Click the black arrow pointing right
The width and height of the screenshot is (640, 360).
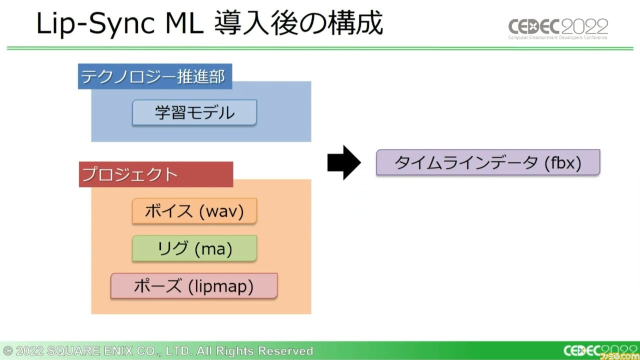pyautogui.click(x=343, y=162)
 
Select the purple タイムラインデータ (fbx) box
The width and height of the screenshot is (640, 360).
pyautogui.click(x=487, y=162)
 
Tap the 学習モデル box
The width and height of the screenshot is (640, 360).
pyautogui.click(x=194, y=112)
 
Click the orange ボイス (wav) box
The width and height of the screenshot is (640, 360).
pyautogui.click(x=194, y=211)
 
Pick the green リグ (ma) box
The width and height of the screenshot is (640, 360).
pyautogui.click(x=194, y=248)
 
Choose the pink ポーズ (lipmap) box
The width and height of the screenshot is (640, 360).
pyautogui.click(x=193, y=286)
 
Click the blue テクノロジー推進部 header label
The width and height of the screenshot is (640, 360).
pyautogui.click(x=154, y=76)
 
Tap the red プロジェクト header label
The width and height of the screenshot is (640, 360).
pyautogui.click(x=155, y=174)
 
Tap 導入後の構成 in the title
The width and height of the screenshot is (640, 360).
pyautogui.click(x=298, y=24)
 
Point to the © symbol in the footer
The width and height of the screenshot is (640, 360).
pyautogui.click(x=7, y=351)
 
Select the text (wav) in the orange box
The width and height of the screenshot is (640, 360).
pyautogui.click(x=221, y=211)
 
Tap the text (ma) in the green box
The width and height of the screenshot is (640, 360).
pyautogui.click(x=213, y=249)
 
